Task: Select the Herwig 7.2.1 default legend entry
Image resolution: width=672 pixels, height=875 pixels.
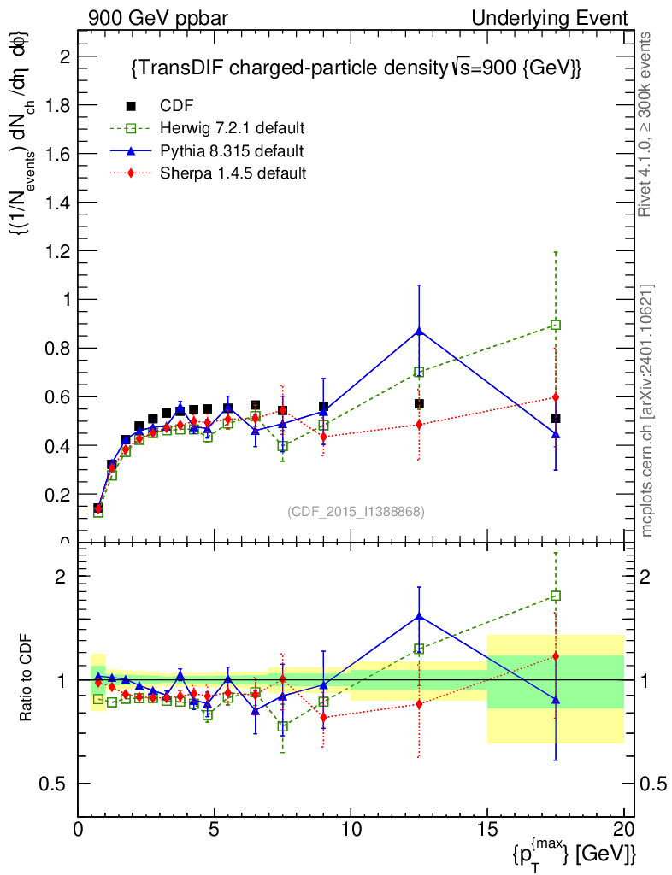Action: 232,129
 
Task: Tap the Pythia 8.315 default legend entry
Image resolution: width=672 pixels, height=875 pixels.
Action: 231,151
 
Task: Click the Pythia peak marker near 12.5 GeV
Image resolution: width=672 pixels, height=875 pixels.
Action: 419,331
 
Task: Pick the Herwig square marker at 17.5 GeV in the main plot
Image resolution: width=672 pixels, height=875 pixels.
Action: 556,325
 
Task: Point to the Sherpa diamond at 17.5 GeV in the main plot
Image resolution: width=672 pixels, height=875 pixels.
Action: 556,397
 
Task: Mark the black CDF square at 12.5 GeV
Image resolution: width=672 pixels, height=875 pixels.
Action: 419,403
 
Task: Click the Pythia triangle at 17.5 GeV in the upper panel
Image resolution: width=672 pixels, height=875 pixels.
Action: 556,434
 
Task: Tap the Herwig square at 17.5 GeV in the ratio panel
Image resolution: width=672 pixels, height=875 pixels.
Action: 556,596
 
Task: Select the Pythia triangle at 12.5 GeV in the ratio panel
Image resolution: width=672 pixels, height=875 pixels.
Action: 419,616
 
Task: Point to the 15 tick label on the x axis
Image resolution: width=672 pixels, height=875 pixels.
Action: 487,830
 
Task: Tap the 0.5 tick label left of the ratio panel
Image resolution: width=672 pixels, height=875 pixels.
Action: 57,784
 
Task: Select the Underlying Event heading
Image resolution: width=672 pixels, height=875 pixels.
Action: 562,18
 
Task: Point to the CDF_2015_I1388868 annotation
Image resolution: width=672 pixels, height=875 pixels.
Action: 356,511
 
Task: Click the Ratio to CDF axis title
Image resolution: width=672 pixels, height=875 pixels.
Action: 27,679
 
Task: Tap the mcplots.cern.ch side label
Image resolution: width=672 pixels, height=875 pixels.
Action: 647,410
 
